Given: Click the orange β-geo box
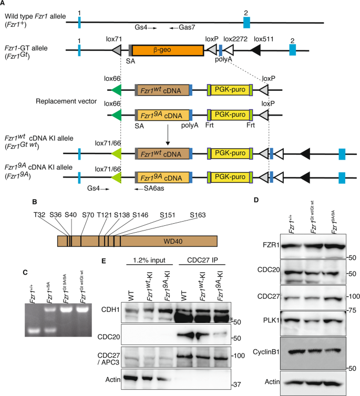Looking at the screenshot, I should click(168, 50).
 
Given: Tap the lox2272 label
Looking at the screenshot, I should click(234, 38).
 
